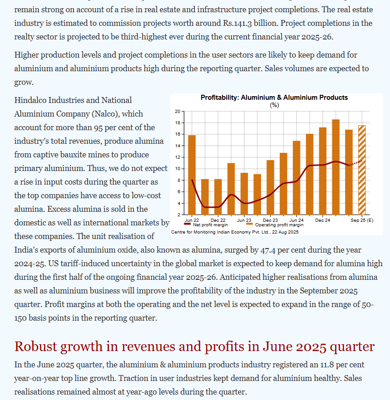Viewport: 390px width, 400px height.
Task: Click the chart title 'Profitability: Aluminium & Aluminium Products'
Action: (x=274, y=98)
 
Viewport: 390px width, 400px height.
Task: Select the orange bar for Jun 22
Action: (x=192, y=174)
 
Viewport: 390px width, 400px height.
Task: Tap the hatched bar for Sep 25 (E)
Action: (x=362, y=170)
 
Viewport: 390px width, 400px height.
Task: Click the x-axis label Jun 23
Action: (x=244, y=220)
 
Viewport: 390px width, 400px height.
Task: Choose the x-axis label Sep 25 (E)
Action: (x=362, y=220)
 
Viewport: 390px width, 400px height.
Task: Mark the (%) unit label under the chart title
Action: (x=274, y=105)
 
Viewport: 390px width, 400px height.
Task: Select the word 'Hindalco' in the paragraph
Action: (x=30, y=100)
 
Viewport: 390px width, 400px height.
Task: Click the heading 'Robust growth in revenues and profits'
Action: (x=194, y=346)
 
